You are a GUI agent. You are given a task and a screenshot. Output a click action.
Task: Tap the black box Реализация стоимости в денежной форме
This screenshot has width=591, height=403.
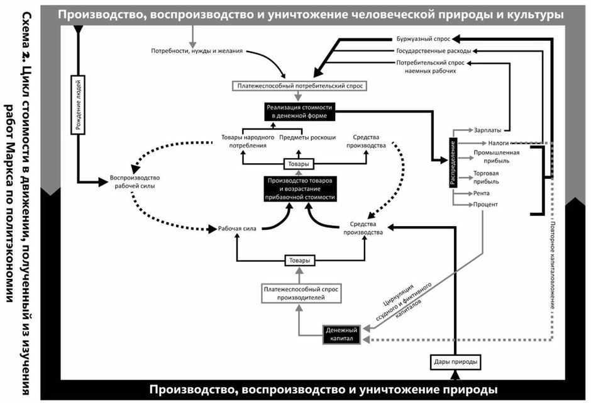299,112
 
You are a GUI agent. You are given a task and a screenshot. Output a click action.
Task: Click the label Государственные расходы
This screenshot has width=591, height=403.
433,50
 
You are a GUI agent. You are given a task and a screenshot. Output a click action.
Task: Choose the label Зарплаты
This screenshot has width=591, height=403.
488,130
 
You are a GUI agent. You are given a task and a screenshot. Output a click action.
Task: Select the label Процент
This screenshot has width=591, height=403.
485,205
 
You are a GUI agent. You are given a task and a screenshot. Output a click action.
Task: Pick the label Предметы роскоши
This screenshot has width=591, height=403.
307,137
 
